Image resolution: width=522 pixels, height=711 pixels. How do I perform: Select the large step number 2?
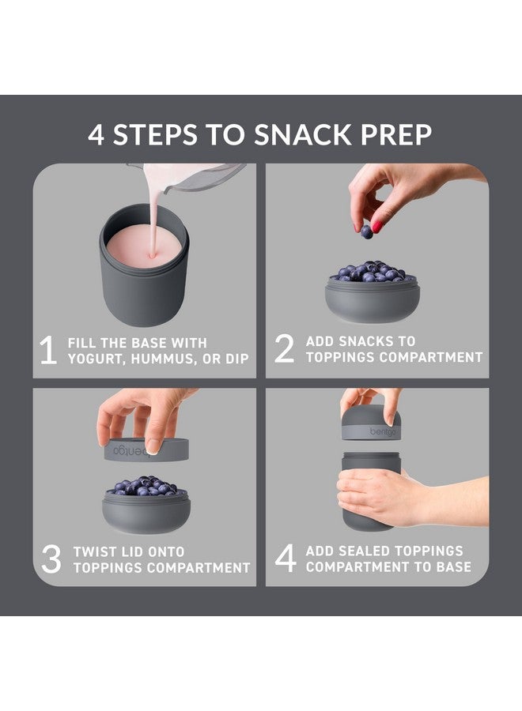pos(284,350)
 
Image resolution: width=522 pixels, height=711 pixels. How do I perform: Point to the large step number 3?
pos(51,559)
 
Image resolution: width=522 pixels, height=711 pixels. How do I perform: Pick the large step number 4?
pos(285,559)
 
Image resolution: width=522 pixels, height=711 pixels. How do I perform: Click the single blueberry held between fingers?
pos(366,231)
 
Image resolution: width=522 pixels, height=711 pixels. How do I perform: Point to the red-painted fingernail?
pos(377,227)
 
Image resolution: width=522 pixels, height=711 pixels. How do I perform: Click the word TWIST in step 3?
pos(95,551)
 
